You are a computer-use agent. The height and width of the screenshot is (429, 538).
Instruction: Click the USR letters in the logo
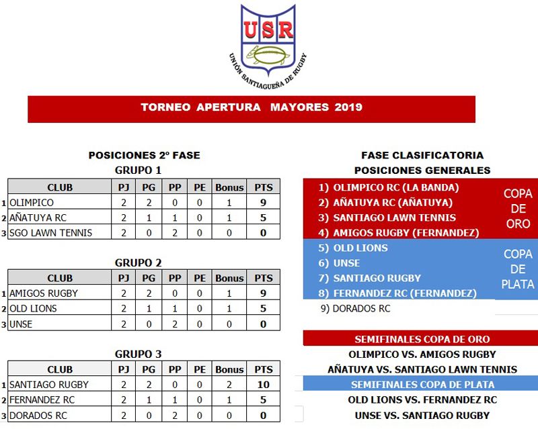click(268, 30)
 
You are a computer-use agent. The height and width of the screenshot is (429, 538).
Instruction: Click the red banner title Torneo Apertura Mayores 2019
click(252, 107)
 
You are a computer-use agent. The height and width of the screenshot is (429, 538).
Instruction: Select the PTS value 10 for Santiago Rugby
click(264, 385)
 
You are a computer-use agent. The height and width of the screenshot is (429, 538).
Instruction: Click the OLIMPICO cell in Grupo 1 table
click(32, 202)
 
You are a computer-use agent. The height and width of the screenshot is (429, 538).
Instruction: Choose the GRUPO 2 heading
click(138, 263)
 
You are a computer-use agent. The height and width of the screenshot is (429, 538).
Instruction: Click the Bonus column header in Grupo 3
click(229, 369)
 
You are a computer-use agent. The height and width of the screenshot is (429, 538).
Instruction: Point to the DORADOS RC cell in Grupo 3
click(38, 415)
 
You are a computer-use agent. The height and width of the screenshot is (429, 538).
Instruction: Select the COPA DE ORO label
click(518, 209)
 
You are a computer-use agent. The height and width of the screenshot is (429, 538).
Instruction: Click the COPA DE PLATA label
click(518, 269)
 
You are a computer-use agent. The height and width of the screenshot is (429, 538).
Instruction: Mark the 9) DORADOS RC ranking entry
click(355, 309)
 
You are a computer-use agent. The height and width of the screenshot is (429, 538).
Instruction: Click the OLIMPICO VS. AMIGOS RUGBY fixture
click(422, 354)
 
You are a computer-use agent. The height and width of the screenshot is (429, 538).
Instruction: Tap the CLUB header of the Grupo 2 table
click(60, 278)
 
